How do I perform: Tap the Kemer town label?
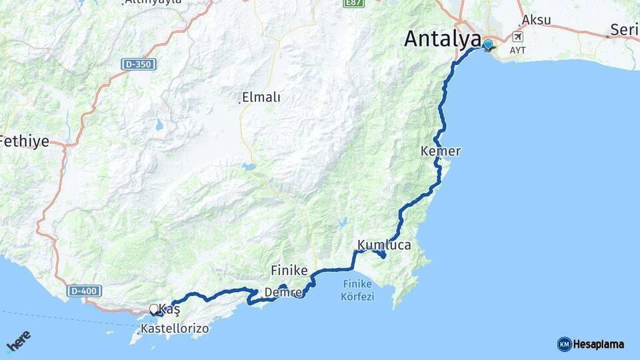pyautogui.click(x=441, y=151)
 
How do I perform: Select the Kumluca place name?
pyautogui.click(x=384, y=245)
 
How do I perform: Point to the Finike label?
pyautogui.click(x=289, y=270)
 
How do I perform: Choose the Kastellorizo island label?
pyautogui.click(x=175, y=329)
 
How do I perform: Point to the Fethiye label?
pyautogui.click(x=24, y=141)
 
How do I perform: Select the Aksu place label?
pyautogui.click(x=537, y=19)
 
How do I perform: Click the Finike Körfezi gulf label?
pyautogui.click(x=357, y=290)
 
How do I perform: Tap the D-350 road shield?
pyautogui.click(x=136, y=65)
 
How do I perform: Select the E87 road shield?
pyautogui.click(x=353, y=3)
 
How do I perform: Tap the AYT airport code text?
pyautogui.click(x=517, y=50)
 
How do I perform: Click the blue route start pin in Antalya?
pyautogui.click(x=488, y=45)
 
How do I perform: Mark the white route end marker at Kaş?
pyautogui.click(x=154, y=309)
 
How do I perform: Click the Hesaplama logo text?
pyautogui.click(x=598, y=344)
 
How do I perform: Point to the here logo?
pyautogui.click(x=18, y=342)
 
